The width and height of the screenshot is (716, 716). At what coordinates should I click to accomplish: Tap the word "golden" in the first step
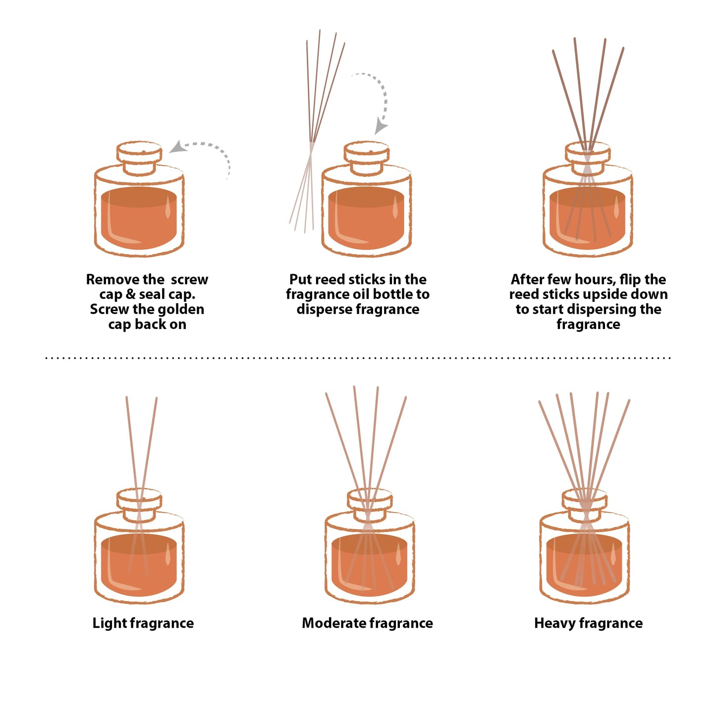pos(180,309)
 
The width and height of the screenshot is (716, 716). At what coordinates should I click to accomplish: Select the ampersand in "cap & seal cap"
pos(130,294)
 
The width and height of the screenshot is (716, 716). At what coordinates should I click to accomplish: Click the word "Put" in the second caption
pos(300,279)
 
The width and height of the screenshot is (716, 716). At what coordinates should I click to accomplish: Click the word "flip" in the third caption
pos(630,279)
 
